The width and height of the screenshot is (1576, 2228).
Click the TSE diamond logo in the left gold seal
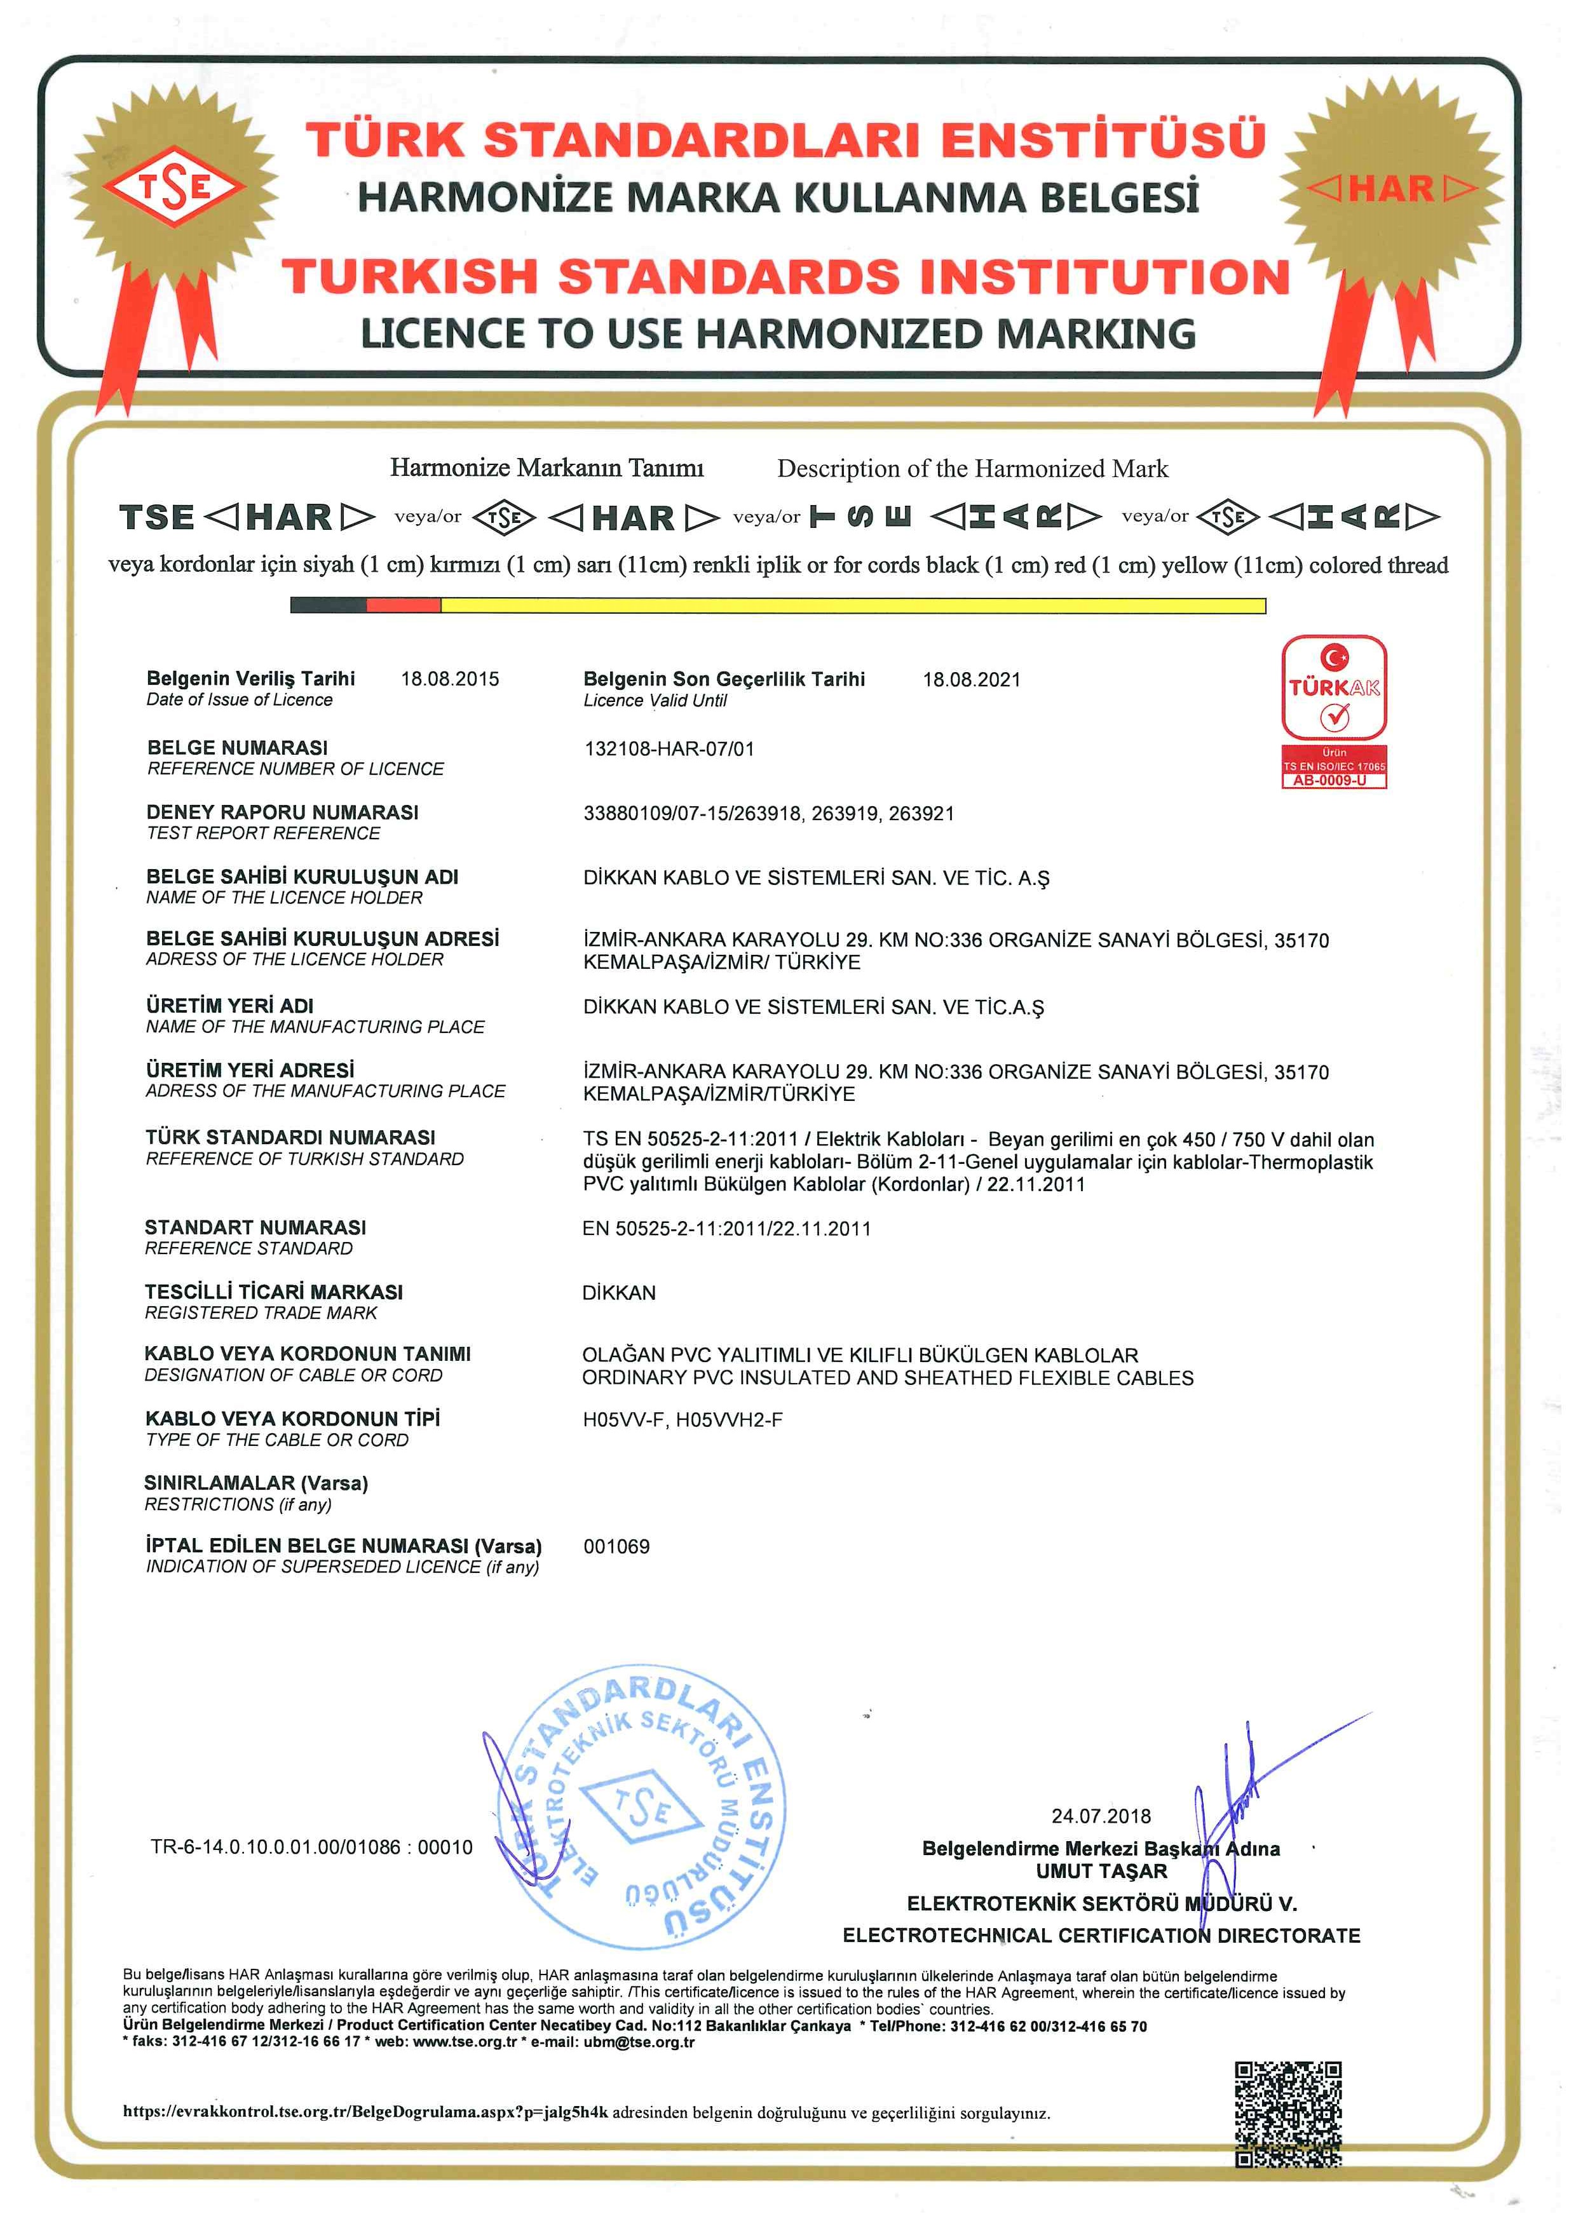(x=175, y=186)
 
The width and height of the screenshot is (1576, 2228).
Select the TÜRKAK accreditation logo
(x=1335, y=688)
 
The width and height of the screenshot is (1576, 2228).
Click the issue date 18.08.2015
(x=451, y=679)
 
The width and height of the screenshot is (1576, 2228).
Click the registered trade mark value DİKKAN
(x=619, y=1293)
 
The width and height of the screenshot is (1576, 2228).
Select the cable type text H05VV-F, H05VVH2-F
(x=683, y=1420)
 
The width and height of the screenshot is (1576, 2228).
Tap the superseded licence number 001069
(x=616, y=1547)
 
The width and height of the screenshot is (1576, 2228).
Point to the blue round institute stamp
(x=642, y=1810)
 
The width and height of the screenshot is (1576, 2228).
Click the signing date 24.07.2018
(x=1101, y=1816)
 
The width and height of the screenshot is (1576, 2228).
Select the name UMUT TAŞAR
(x=1101, y=1871)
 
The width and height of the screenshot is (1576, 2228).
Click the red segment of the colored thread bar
(x=404, y=605)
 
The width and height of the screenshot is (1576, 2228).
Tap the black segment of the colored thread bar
(x=328, y=605)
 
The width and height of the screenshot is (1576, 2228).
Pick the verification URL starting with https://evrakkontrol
(x=365, y=2112)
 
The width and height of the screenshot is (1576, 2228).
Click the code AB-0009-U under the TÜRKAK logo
(x=1335, y=780)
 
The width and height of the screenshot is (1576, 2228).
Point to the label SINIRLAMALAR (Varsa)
(x=256, y=1483)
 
